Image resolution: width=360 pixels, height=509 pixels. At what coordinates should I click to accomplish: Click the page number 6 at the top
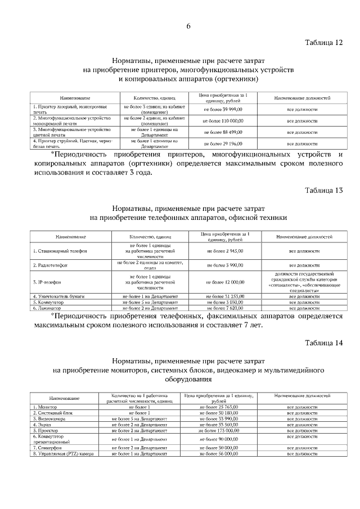189,26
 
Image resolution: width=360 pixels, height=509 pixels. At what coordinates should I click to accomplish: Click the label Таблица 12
323,43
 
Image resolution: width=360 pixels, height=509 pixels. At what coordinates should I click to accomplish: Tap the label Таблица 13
323,190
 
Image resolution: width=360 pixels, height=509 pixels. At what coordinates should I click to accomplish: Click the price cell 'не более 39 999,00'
223,109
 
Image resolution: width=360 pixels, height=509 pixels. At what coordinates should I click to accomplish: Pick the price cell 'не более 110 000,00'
223,120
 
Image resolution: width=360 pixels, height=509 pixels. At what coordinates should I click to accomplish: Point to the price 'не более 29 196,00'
223,143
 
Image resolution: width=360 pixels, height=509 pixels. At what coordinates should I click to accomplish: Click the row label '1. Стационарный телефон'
60,251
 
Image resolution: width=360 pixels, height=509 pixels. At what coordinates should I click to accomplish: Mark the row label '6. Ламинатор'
48,308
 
